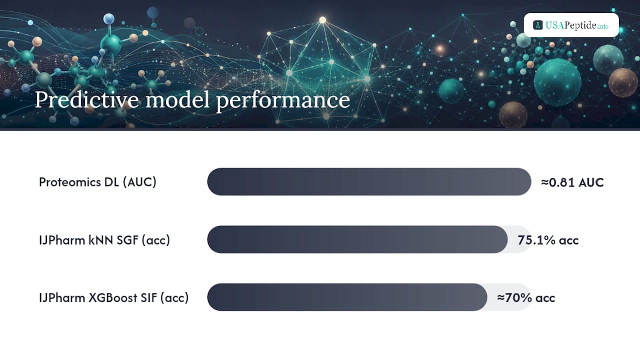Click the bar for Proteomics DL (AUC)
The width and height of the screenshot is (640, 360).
pyautogui.click(x=369, y=181)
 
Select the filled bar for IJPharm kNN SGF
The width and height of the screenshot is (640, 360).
pyautogui.click(x=357, y=239)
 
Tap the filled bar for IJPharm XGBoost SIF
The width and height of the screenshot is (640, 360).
pyautogui.click(x=347, y=297)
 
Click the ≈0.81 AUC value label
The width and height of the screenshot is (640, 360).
pyautogui.click(x=572, y=182)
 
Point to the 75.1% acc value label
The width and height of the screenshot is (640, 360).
pyautogui.click(x=548, y=240)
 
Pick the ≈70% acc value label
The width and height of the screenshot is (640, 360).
pyautogui.click(x=526, y=297)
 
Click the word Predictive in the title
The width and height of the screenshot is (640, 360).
pyautogui.click(x=87, y=100)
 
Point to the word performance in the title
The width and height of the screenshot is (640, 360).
pyautogui.click(x=283, y=100)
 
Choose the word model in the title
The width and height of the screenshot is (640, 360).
pyautogui.click(x=177, y=99)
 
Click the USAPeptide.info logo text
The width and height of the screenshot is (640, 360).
pyautogui.click(x=576, y=25)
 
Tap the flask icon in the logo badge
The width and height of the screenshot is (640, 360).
pyautogui.click(x=537, y=25)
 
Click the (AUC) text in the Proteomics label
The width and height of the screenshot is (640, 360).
pyautogui.click(x=139, y=182)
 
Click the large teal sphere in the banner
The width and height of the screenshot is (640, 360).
pyautogui.click(x=557, y=82)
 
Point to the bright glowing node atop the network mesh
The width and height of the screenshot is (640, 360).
pyautogui.click(x=322, y=20)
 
